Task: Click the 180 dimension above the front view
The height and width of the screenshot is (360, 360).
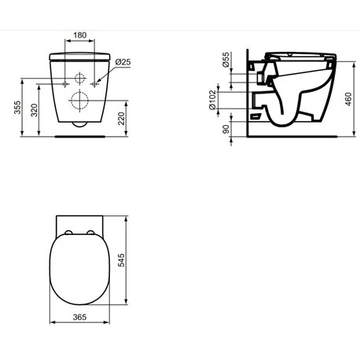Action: [79, 35]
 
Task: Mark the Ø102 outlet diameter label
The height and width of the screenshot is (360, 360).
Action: [225, 97]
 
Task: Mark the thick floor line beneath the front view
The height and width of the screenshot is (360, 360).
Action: [79, 134]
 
